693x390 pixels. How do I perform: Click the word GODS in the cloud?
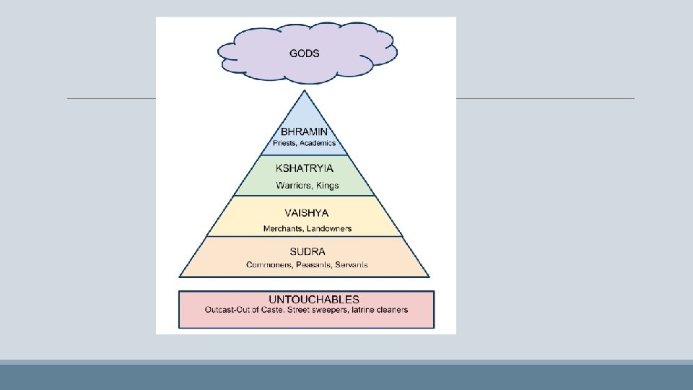[x=305, y=53]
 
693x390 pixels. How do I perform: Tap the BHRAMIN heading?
[x=304, y=132]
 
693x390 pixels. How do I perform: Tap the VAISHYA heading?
[x=307, y=213]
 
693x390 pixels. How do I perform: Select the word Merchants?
[x=283, y=229]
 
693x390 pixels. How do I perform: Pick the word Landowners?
[x=329, y=229]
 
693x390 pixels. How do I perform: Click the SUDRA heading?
[x=307, y=252]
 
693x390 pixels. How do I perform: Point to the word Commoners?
[x=269, y=265]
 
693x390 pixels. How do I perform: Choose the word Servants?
[x=351, y=265]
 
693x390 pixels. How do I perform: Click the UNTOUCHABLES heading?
[x=314, y=299]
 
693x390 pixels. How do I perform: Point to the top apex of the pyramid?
[x=305, y=90]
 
